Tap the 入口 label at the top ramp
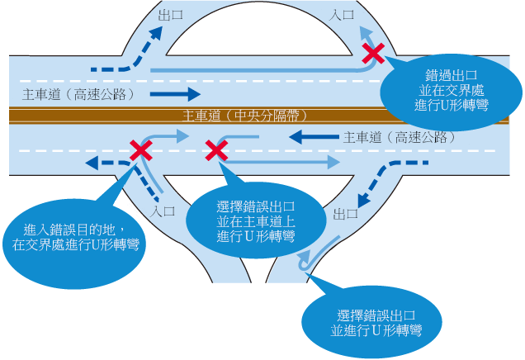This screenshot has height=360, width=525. click(x=343, y=14)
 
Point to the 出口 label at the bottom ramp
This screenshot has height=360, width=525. click(x=345, y=212)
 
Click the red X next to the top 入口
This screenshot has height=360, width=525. click(x=374, y=54)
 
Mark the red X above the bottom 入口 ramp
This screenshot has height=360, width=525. click(x=140, y=150)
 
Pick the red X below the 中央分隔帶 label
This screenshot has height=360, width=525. click(x=216, y=150)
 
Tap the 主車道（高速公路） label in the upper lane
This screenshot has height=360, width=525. click(x=79, y=93)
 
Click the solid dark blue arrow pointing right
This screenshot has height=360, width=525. click(x=175, y=93)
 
